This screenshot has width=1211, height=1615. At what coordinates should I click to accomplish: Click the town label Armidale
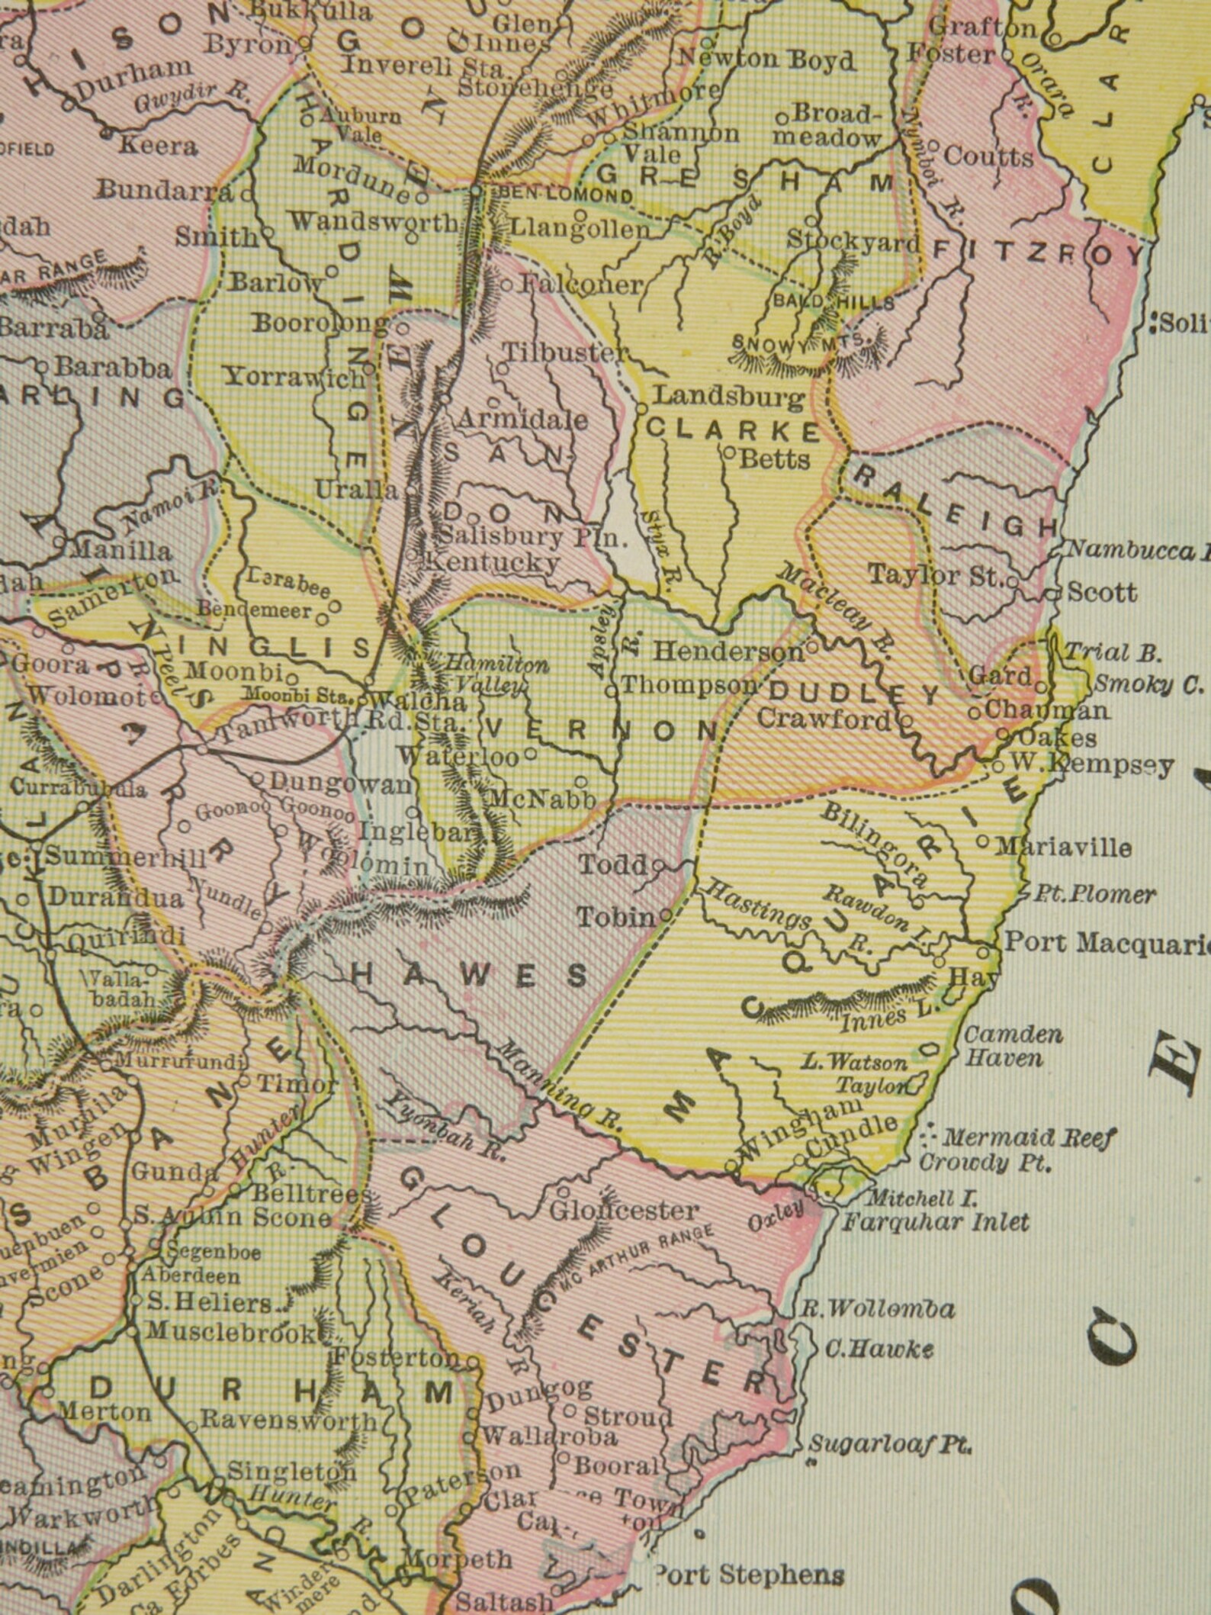click(x=522, y=420)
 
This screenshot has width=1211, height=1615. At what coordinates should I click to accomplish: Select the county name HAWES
click(x=469, y=974)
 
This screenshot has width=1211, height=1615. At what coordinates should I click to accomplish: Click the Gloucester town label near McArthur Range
click(x=623, y=1211)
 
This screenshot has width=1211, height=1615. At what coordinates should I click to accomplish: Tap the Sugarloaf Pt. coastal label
click(x=889, y=1443)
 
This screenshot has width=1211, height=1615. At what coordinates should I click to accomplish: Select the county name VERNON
click(x=600, y=730)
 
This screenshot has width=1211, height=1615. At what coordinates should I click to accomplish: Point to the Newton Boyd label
click(x=766, y=58)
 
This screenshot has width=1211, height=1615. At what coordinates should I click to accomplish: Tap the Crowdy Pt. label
click(x=985, y=1163)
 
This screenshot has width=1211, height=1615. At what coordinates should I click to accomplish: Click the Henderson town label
click(x=728, y=651)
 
